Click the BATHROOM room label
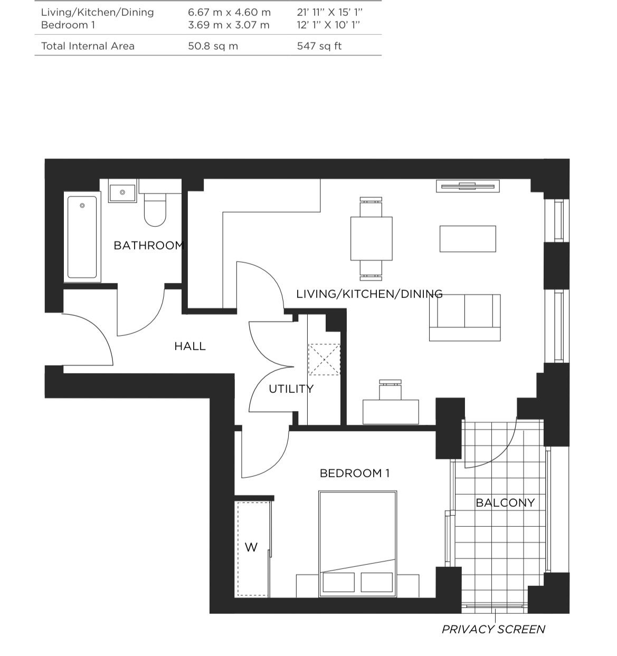[x=149, y=245]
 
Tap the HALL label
[x=190, y=346]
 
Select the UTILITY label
[x=291, y=389]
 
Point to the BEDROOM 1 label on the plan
[x=355, y=474]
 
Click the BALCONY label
[x=505, y=503]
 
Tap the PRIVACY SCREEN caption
[x=493, y=629]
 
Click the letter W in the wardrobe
[x=251, y=547]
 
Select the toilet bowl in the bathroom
[x=155, y=214]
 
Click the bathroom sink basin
[x=122, y=192]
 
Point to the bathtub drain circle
[x=82, y=206]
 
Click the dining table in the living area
[x=372, y=238]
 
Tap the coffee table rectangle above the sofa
[x=468, y=239]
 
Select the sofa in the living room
[x=465, y=317]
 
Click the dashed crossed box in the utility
[x=325, y=360]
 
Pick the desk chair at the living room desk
[x=391, y=390]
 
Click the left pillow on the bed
[x=339, y=582]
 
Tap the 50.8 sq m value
[x=213, y=46]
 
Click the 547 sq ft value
[x=319, y=46]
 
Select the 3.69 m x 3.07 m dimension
[x=229, y=25]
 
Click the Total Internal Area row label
[x=88, y=46]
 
